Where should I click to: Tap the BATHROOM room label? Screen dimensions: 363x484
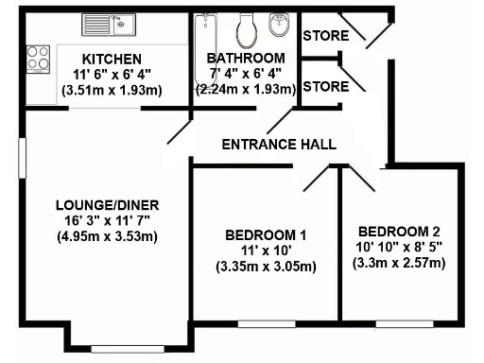(x=246, y=58)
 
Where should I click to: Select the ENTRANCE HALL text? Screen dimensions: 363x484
(x=278, y=145)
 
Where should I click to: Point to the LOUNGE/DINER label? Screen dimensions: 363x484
(x=106, y=205)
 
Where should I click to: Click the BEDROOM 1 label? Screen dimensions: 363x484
(x=266, y=235)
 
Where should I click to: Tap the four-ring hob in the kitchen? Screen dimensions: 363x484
(x=39, y=59)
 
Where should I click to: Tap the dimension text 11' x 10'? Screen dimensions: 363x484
(x=266, y=251)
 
